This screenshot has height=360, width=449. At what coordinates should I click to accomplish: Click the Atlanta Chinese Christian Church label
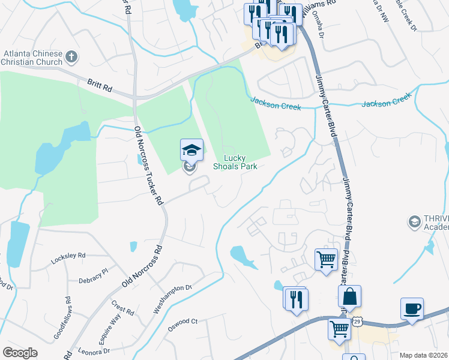click(33, 58)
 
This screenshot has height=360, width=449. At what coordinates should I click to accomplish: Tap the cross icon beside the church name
click(71, 58)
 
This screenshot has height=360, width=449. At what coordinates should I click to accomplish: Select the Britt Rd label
click(99, 88)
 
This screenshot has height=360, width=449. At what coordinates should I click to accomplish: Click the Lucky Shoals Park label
click(240, 163)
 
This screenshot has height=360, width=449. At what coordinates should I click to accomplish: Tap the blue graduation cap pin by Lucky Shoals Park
click(191, 150)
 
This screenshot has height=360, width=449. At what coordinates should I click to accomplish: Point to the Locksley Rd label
click(68, 255)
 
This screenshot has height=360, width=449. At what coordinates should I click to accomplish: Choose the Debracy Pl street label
click(92, 272)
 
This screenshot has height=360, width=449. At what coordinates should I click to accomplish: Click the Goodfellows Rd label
click(62, 318)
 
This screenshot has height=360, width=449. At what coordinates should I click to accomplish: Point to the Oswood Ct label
click(182, 322)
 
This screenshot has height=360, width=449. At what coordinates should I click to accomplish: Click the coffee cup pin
click(412, 310)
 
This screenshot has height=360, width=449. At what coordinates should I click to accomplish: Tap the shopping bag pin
click(349, 296)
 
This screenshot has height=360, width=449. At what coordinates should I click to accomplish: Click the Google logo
click(20, 353)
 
